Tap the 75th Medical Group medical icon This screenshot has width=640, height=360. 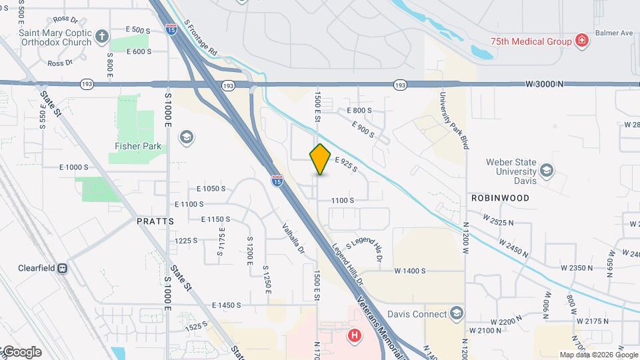pyautogui.click(x=582, y=41)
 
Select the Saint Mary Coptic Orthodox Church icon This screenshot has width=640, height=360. pyautogui.click(x=101, y=35)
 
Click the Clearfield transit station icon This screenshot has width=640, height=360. pyautogui.click(x=62, y=268)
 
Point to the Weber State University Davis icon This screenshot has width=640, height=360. pyautogui.click(x=547, y=170)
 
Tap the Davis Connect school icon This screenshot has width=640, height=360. pyautogui.click(x=456, y=313)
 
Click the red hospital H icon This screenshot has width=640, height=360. pyautogui.click(x=355, y=335)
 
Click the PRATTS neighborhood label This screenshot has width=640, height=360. pyautogui.click(x=155, y=221)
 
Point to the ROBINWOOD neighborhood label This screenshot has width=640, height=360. pyautogui.click(x=500, y=198)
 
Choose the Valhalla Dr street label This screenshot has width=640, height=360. pyautogui.click(x=294, y=239)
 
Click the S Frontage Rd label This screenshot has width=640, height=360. pyautogui.click(x=201, y=37)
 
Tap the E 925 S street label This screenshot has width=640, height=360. pyautogui.click(x=346, y=164)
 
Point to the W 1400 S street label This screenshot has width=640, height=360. pyautogui.click(x=409, y=271)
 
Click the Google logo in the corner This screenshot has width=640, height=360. pyautogui.click(x=22, y=352)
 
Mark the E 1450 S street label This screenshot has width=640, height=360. pyautogui.click(x=226, y=305)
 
